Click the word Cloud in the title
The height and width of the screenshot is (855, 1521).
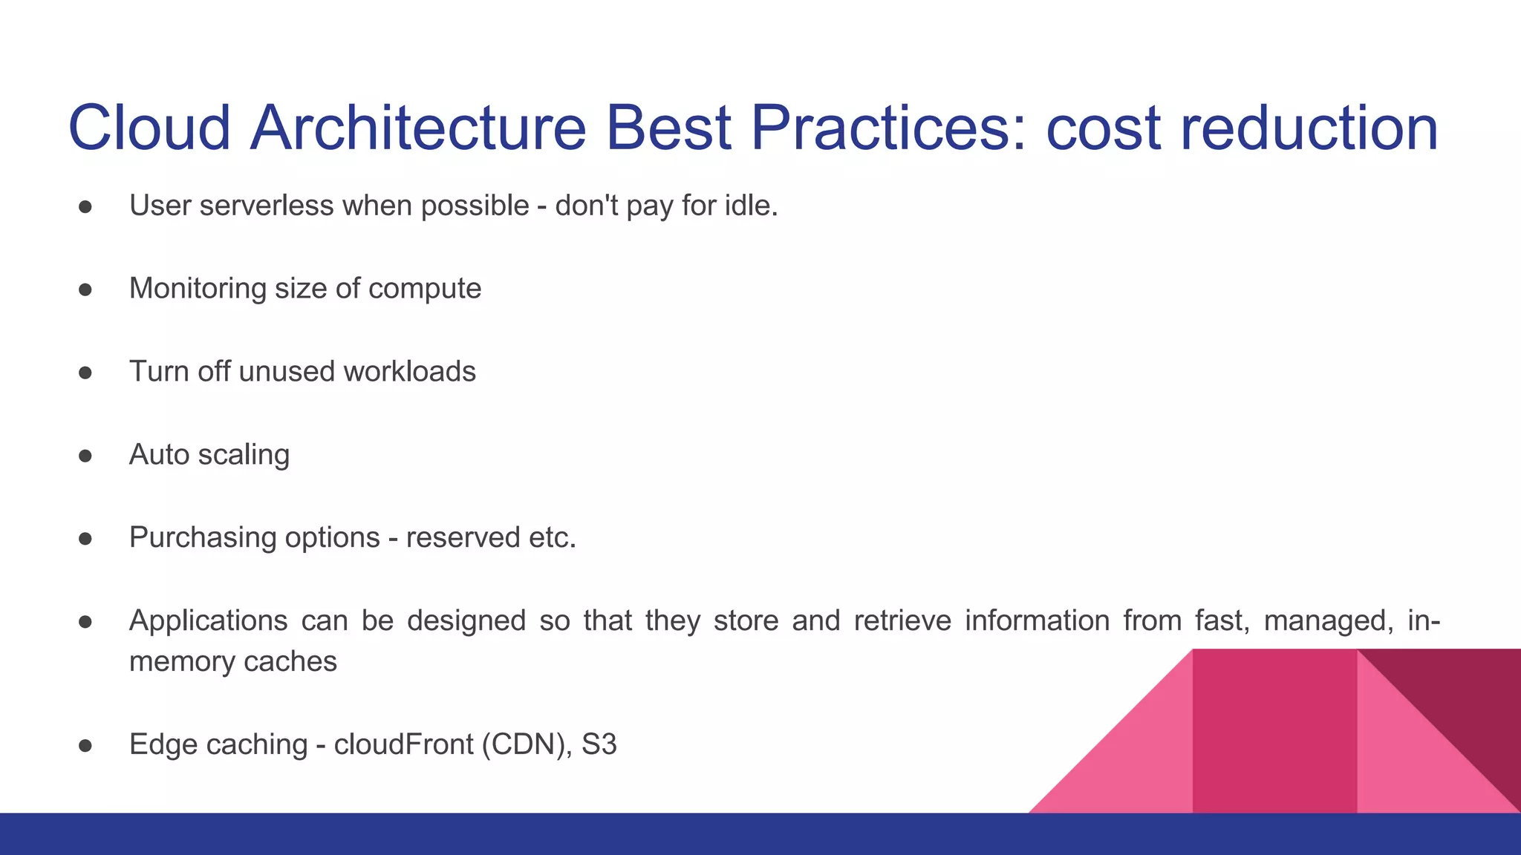click(x=149, y=128)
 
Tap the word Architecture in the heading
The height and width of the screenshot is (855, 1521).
click(x=418, y=128)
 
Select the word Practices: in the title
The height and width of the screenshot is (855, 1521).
click(x=888, y=128)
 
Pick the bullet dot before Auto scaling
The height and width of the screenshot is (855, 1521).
click(x=85, y=456)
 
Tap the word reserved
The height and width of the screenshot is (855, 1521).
click(x=463, y=538)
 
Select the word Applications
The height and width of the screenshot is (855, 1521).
click(x=208, y=621)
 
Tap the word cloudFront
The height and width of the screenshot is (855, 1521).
click(x=403, y=744)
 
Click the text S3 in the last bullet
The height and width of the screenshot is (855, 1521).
click(x=599, y=744)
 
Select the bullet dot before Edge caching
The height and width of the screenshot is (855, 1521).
click(x=85, y=745)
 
